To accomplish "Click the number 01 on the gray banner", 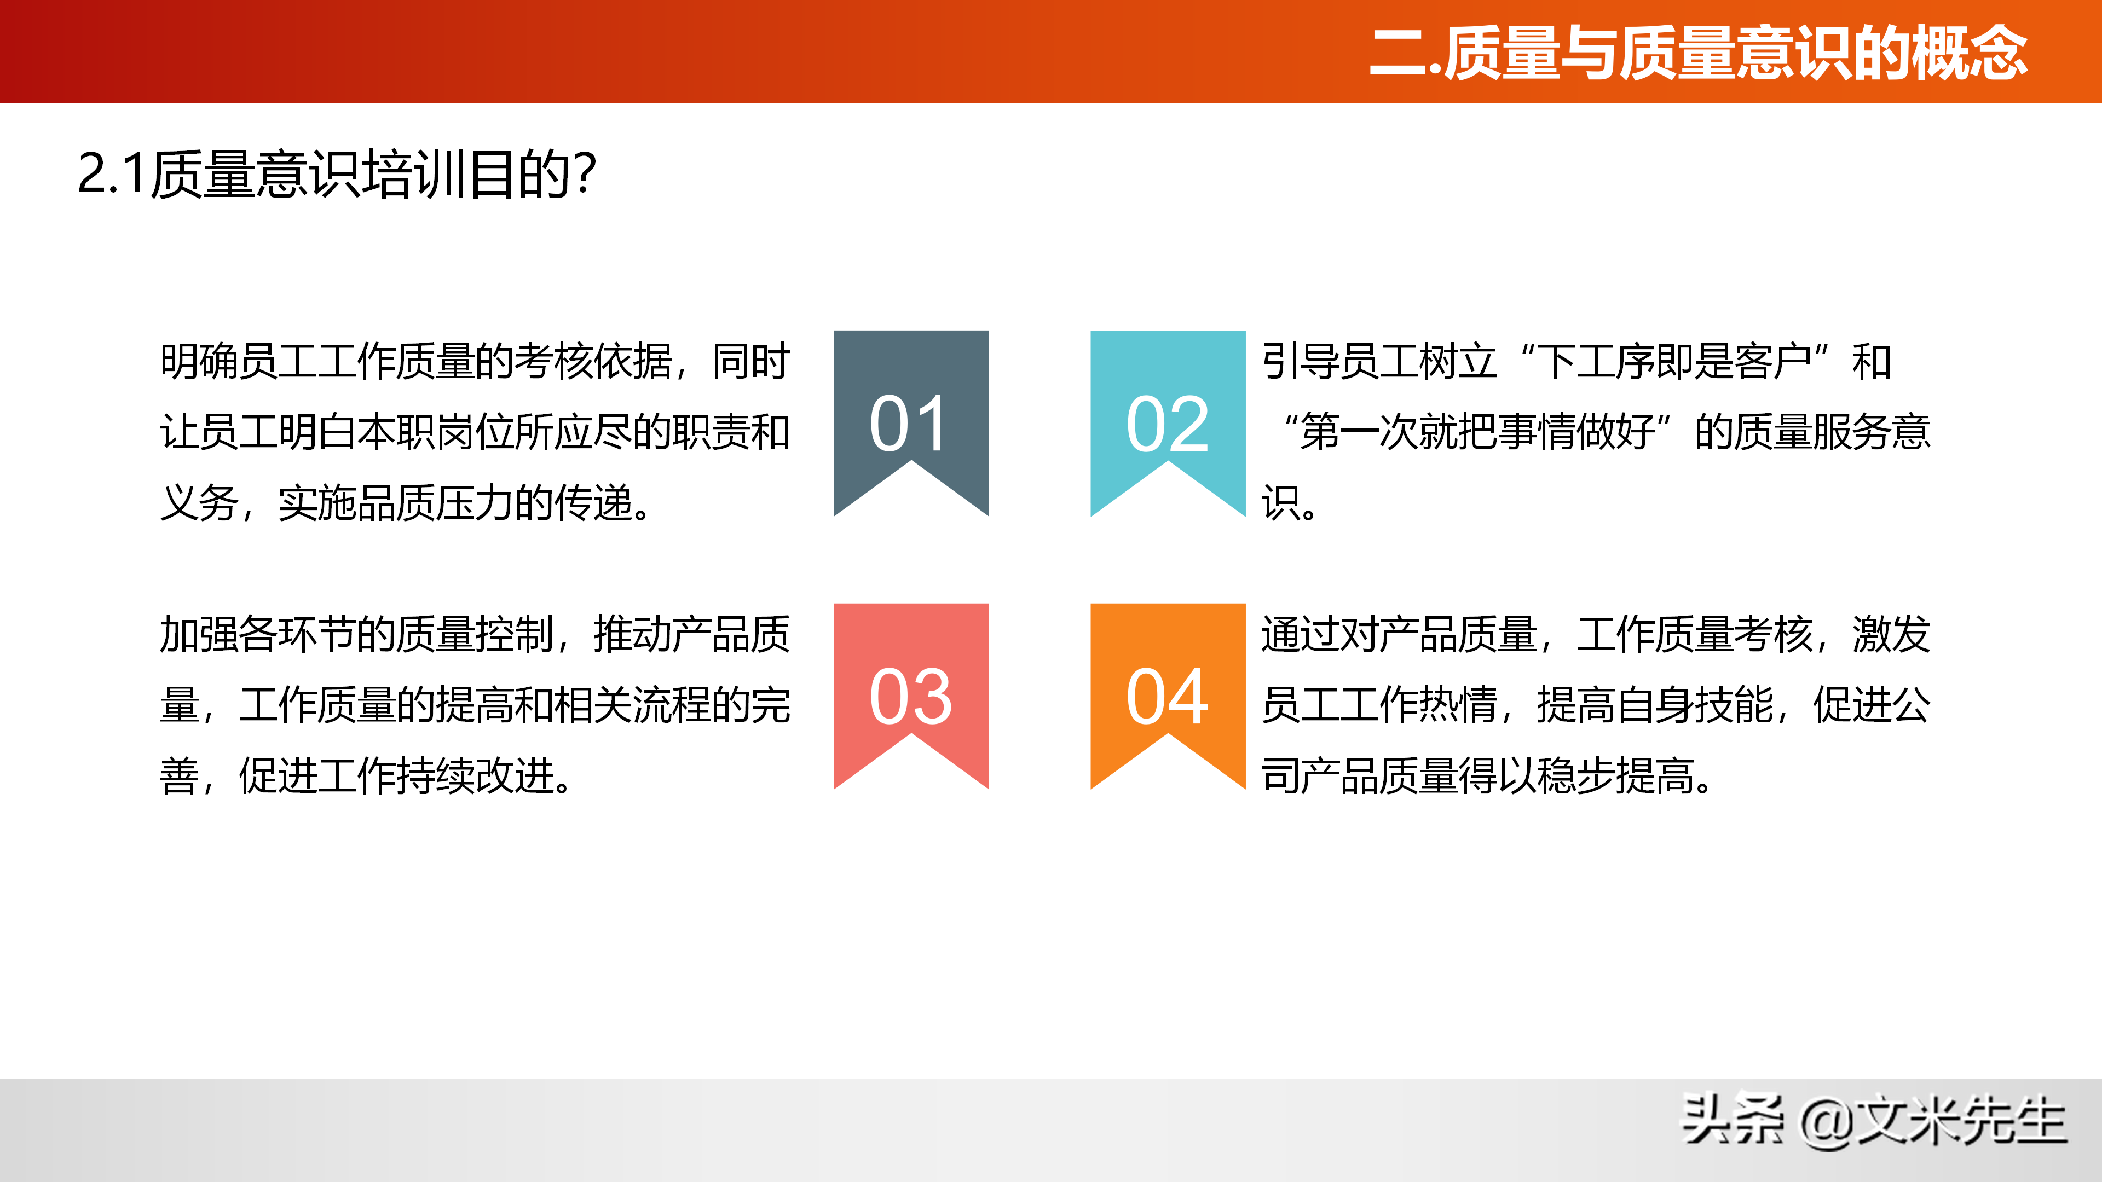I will pyautogui.click(x=910, y=424).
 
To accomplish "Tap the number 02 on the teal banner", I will pyautogui.click(x=1167, y=424).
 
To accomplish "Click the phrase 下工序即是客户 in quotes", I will pyautogui.click(x=1673, y=361).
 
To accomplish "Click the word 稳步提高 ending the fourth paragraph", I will pyautogui.click(x=1616, y=775).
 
